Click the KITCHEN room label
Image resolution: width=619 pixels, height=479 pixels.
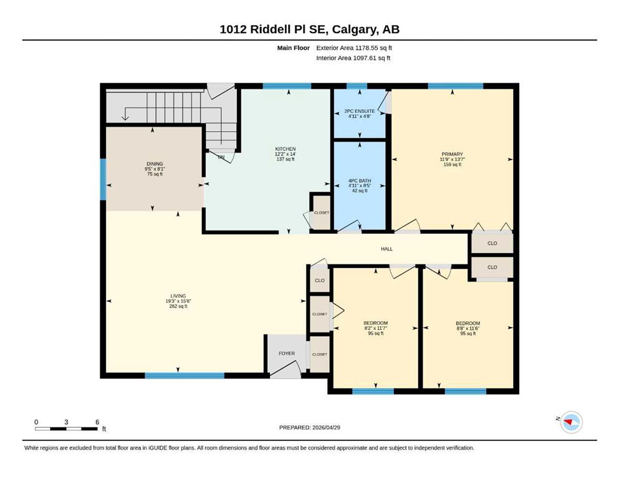click(x=286, y=149)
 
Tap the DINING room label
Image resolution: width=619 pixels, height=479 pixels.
click(x=155, y=164)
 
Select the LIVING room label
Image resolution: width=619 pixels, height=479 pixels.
click(x=178, y=296)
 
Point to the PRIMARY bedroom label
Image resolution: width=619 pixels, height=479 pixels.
click(x=452, y=154)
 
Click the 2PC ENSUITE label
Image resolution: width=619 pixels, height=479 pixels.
click(x=360, y=112)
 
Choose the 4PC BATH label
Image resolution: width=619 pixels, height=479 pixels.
click(x=360, y=181)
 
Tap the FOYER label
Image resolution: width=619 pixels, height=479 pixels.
click(x=287, y=354)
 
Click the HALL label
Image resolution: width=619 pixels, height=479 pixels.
click(x=387, y=249)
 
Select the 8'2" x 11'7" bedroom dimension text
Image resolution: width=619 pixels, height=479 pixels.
click(x=376, y=328)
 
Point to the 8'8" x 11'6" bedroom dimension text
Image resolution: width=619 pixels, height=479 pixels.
click(x=468, y=328)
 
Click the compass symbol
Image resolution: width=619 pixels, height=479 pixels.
click(x=571, y=422)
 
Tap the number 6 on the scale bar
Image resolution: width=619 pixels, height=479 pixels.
click(x=97, y=422)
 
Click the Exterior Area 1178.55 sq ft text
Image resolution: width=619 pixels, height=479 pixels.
click(x=354, y=48)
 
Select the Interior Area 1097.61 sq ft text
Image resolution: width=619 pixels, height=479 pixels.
click(x=353, y=57)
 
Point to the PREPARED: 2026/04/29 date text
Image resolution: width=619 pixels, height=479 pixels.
click(x=309, y=427)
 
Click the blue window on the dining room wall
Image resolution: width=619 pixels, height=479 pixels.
click(x=103, y=180)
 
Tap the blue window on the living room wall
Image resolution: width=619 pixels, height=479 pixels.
click(x=185, y=375)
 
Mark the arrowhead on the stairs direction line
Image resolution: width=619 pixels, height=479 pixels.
click(x=125, y=117)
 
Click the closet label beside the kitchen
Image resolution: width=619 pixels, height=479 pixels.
click(x=321, y=213)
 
